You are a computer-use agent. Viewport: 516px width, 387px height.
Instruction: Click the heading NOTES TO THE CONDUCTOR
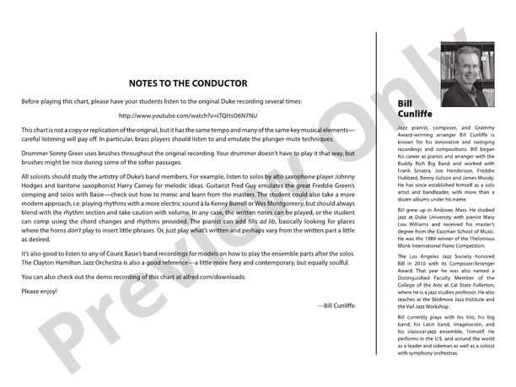188,83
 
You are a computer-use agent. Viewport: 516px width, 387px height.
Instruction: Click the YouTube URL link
188,115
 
